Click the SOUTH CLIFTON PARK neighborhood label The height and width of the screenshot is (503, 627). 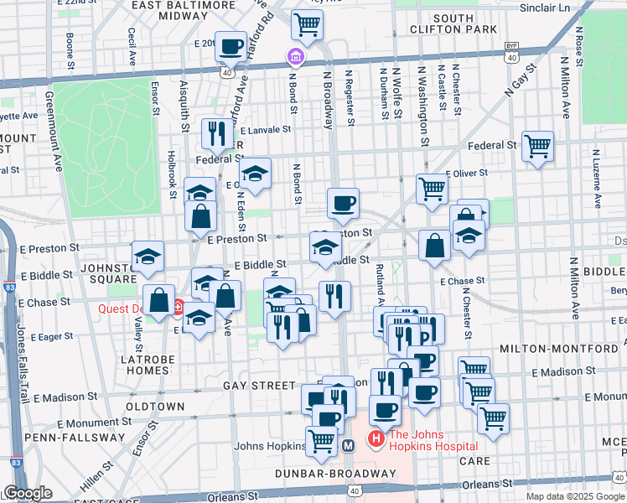tap(453, 23)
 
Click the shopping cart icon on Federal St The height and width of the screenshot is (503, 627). tap(536, 146)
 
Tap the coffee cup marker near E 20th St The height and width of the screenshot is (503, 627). tap(231, 47)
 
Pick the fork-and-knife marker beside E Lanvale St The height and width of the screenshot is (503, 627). tap(217, 132)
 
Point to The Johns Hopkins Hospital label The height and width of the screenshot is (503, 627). tap(433, 439)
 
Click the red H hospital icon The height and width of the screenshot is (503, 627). tap(376, 438)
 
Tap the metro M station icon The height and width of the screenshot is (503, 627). tap(348, 446)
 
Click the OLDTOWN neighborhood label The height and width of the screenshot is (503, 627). tap(154, 407)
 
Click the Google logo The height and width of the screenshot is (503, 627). tap(27, 493)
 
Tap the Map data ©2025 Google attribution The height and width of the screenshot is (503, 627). tap(575, 495)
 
